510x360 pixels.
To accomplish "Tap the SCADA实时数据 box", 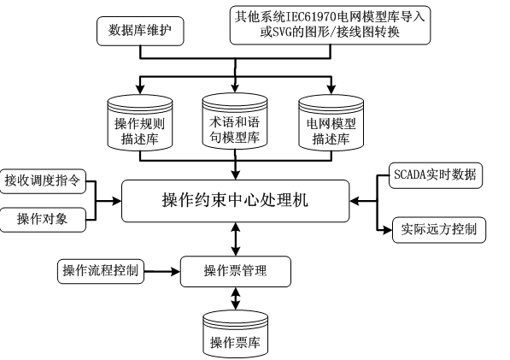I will click(435, 175).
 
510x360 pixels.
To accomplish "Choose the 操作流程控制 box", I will click(100, 272).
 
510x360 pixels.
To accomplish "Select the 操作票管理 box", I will click(235, 272).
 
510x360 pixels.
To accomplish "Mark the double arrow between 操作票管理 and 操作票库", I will click(235, 299).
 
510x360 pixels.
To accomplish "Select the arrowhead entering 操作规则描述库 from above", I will click(137, 90).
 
